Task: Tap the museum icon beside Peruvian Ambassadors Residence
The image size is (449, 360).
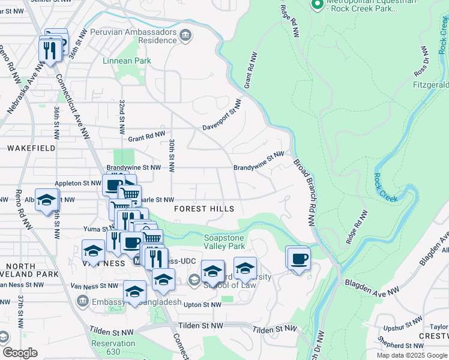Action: click(185, 37)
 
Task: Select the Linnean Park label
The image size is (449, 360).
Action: click(127, 61)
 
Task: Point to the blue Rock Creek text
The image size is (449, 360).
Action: click(386, 187)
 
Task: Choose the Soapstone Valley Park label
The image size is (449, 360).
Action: click(224, 242)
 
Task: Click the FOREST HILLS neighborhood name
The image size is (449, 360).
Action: click(203, 209)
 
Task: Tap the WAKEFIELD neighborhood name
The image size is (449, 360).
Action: click(31, 148)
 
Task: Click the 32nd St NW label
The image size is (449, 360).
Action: click(122, 117)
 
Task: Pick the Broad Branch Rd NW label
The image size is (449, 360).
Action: click(304, 192)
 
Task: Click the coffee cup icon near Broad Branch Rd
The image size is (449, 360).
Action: click(298, 259)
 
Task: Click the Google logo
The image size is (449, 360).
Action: click(20, 353)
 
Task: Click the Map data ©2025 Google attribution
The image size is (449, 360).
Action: click(411, 355)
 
